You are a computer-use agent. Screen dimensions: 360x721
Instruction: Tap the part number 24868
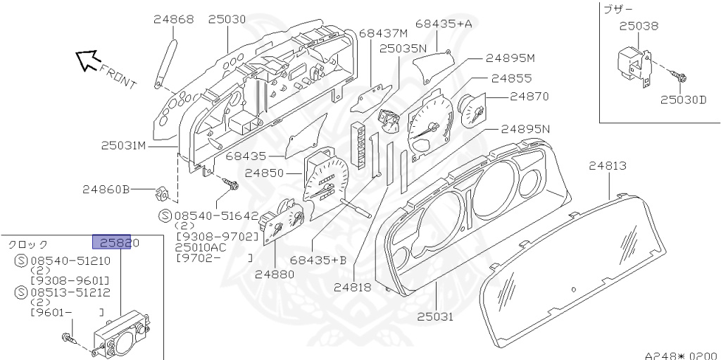(173, 19)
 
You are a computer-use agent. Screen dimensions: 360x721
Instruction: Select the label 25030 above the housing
(227, 19)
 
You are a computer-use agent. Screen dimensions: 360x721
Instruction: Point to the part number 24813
(608, 166)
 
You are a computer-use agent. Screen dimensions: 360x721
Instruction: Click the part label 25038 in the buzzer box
(639, 26)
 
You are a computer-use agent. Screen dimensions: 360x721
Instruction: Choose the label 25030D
(683, 99)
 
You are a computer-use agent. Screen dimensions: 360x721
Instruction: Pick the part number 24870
(529, 96)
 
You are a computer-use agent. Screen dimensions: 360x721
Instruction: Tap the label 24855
(512, 78)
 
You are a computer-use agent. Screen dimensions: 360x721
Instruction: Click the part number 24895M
(510, 58)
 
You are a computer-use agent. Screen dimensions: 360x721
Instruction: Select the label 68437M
(383, 33)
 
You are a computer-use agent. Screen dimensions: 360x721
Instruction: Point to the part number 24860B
(106, 189)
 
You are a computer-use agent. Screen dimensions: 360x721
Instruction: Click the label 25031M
(123, 146)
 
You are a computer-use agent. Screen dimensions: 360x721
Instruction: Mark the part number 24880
(275, 274)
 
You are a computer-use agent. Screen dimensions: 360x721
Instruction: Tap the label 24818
(353, 287)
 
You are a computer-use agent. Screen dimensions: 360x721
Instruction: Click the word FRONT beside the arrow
(118, 76)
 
